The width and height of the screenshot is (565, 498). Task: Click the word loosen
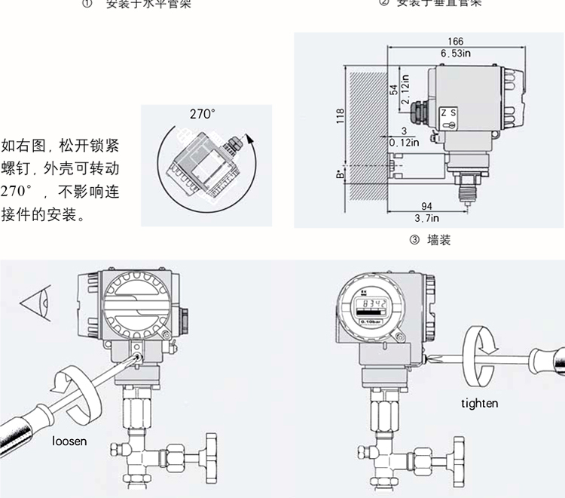point(69,441)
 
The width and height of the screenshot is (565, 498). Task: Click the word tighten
point(480,403)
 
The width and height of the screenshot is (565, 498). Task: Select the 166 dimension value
point(455,42)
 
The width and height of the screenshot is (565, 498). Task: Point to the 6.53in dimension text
point(456,53)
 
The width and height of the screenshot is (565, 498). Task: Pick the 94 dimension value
point(426,207)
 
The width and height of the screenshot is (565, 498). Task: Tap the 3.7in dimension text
point(427,217)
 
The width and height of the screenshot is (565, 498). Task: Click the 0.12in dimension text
point(404,142)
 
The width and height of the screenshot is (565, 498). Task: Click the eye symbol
point(34,305)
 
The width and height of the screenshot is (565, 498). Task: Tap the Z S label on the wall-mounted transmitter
point(448,112)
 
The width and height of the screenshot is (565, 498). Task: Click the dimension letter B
point(341,175)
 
